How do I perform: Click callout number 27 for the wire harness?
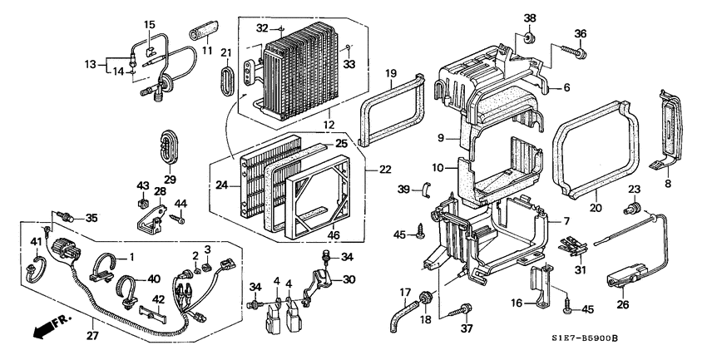(93, 335)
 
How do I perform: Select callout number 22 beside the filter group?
(385, 170)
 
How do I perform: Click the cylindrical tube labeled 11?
(203, 29)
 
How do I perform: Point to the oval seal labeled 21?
(227, 81)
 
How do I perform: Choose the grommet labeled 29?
(170, 146)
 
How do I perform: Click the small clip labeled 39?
(427, 189)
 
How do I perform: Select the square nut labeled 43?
(143, 203)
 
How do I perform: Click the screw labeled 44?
(177, 219)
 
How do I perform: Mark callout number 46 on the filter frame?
(334, 234)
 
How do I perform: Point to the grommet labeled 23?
(633, 208)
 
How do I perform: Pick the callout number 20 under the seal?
(596, 208)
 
